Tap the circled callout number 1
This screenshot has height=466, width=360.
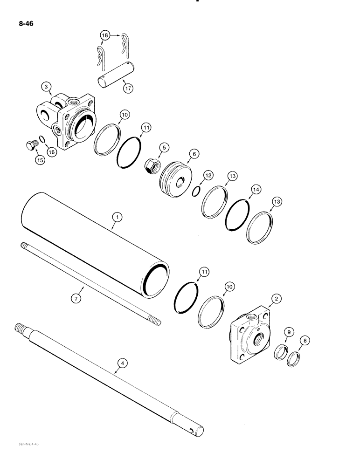(117, 217)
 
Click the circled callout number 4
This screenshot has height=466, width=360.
(123, 362)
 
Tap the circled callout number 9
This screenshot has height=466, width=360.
(289, 332)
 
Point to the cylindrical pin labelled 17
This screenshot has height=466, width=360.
(116, 75)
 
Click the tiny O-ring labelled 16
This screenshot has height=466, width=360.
(41, 139)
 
